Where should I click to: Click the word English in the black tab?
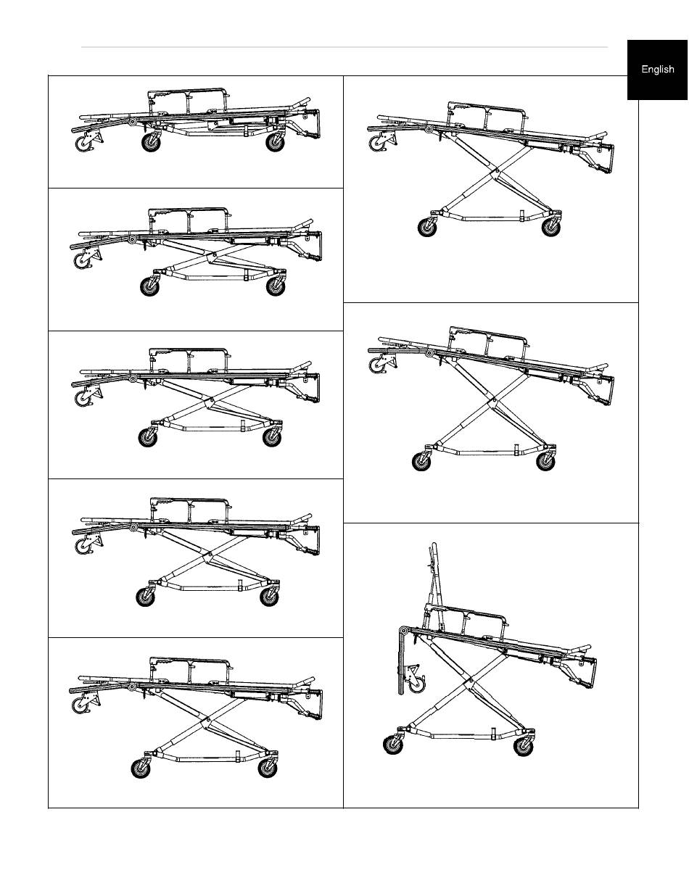click(657, 70)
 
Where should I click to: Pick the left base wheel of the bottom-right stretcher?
click(393, 745)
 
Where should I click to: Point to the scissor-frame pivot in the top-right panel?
click(497, 170)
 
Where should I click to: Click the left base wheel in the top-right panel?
click(428, 227)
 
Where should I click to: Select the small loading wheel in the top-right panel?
click(377, 144)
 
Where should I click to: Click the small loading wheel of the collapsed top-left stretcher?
click(84, 144)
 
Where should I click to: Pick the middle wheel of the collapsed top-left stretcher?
click(151, 142)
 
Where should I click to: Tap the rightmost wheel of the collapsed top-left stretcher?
click(275, 142)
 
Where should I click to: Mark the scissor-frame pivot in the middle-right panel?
click(495, 399)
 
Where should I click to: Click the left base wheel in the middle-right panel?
click(421, 461)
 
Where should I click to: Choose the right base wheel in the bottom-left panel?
click(268, 768)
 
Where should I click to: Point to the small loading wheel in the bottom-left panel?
click(81, 705)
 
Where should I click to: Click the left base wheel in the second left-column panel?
click(149, 286)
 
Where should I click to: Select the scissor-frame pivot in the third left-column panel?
click(212, 399)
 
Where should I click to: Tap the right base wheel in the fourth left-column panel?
click(270, 597)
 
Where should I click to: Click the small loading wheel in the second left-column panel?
click(83, 261)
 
